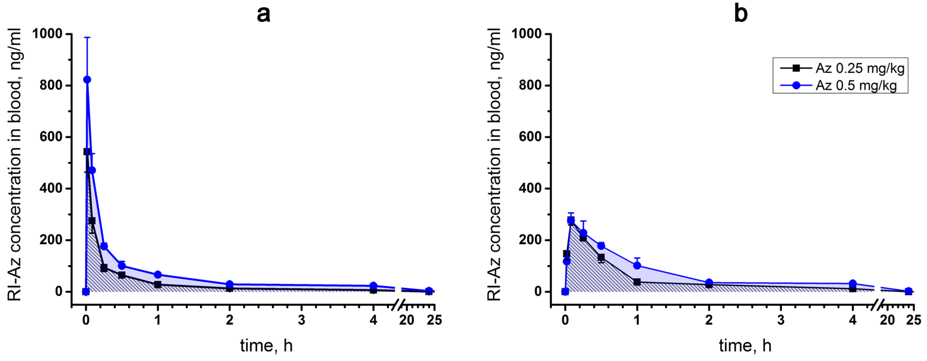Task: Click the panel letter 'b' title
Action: pos(741,14)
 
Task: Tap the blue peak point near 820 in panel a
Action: pos(87,80)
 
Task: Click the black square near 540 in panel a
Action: pos(87,151)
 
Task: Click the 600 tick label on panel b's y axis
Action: pos(530,137)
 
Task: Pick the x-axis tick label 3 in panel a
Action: pos(302,320)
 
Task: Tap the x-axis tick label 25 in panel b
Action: pos(913,320)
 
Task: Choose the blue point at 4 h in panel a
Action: pos(373,286)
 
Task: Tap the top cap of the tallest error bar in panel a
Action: pos(87,37)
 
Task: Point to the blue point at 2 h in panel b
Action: pos(709,283)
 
